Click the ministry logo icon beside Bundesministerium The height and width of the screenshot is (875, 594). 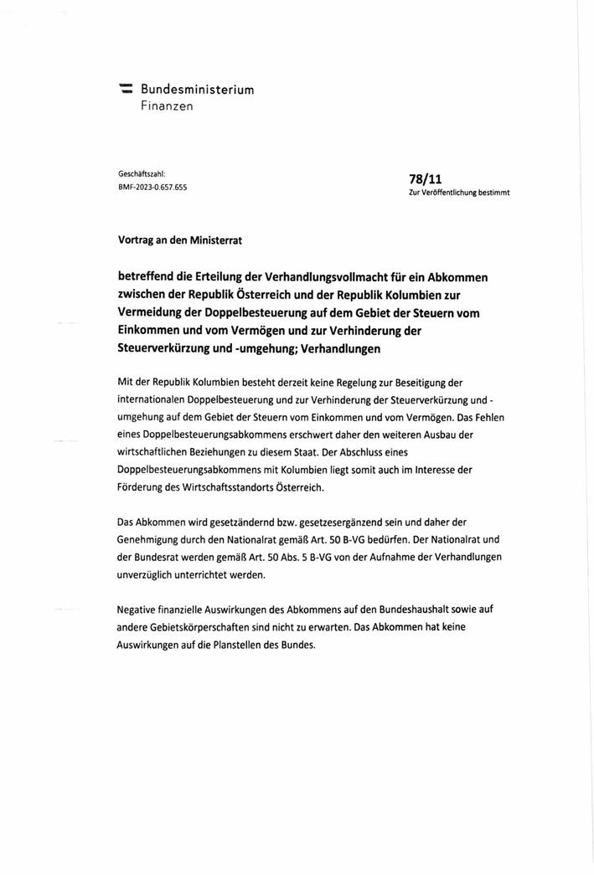pyautogui.click(x=126, y=88)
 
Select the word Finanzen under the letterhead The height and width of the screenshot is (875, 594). pyautogui.click(x=166, y=106)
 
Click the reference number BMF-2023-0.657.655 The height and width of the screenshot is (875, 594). pyautogui.click(x=152, y=187)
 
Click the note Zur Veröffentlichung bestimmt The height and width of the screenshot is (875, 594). pyautogui.click(x=458, y=193)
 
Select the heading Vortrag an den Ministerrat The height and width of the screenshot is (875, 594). pyautogui.click(x=179, y=239)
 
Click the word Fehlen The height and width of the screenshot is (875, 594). pyautogui.click(x=485, y=417)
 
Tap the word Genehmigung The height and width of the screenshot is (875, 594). pyautogui.click(x=153, y=541)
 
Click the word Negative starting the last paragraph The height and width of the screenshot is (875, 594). pyautogui.click(x=139, y=611)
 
